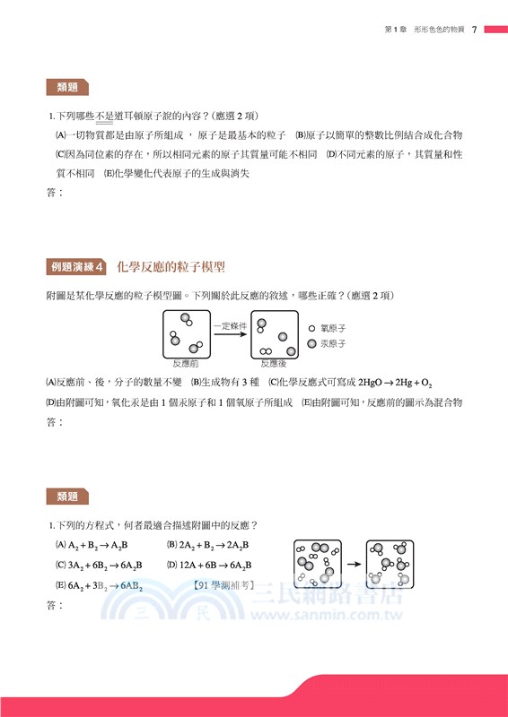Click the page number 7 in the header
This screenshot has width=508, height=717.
tap(473, 30)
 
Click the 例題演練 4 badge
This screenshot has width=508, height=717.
tap(76, 267)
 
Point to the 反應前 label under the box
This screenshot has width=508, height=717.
tap(185, 363)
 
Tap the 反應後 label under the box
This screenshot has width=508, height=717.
tap(274, 363)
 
